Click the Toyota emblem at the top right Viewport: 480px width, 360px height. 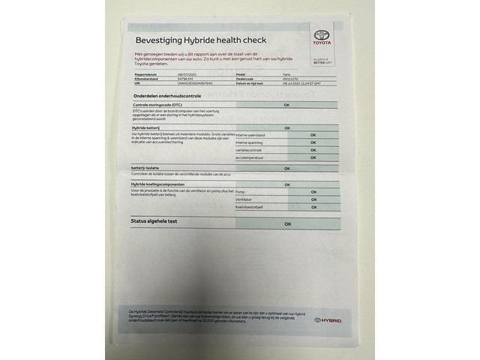(x=321, y=37)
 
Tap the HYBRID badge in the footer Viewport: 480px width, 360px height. (x=328, y=320)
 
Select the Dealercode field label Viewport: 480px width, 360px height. (x=246, y=79)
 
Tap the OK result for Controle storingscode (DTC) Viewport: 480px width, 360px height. (x=286, y=105)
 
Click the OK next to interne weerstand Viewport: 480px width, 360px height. (x=313, y=135)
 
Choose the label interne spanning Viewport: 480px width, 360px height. (x=250, y=142)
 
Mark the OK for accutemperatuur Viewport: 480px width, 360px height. (x=313, y=158)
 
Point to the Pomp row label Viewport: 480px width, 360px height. (x=240, y=192)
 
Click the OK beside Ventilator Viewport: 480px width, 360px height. (x=313, y=199)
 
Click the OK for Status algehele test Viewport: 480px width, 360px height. (x=287, y=223)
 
